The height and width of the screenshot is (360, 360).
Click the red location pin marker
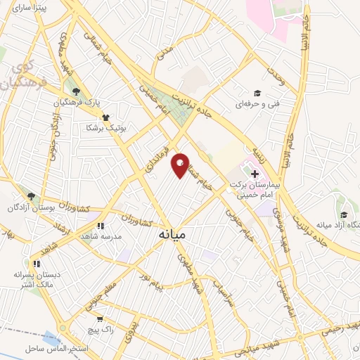point(181,165)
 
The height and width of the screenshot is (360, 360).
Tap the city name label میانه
point(172,233)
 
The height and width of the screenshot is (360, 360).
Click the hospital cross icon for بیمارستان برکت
point(255,173)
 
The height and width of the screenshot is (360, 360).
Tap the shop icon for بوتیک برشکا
point(105,117)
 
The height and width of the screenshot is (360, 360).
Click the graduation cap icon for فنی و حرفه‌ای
point(257,94)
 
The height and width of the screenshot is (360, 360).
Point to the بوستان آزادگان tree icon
point(30,196)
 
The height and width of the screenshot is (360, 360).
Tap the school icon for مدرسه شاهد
point(101,226)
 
